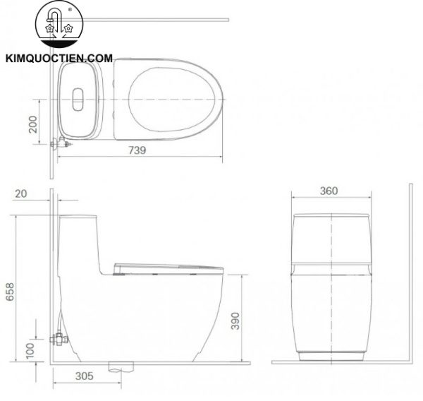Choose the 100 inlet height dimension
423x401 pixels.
coord(30,350)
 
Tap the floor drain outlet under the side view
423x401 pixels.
coord(121,366)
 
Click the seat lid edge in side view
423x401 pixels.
coord(169,267)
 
